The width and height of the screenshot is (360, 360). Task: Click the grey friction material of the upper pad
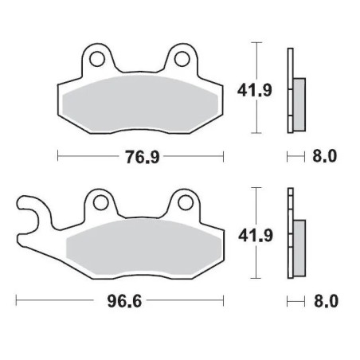[139, 102]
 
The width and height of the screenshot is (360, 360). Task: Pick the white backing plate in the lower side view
[289, 207]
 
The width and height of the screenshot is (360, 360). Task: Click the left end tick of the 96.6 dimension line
[17, 301]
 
